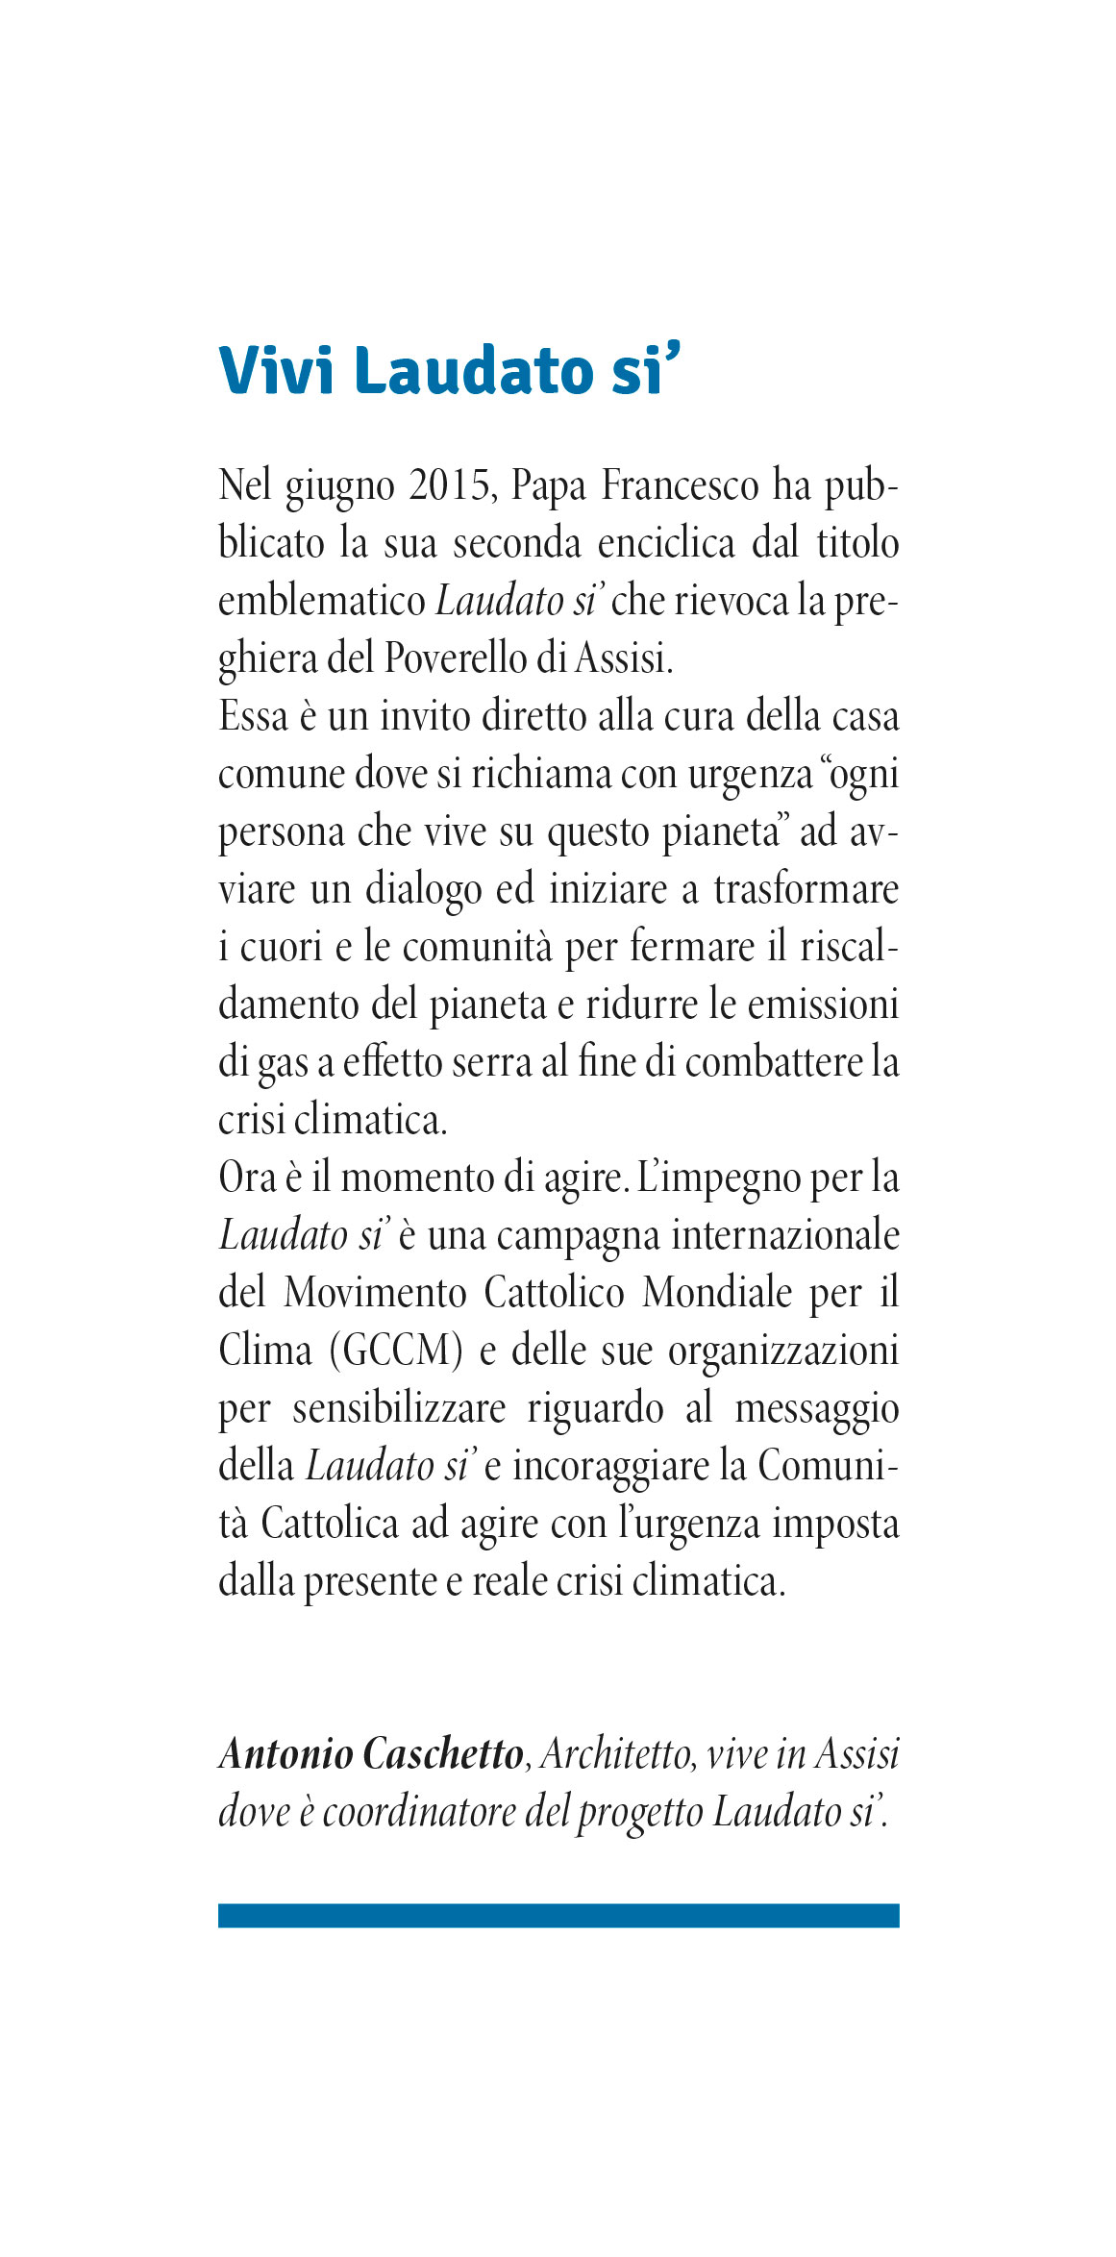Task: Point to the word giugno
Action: tap(339, 487)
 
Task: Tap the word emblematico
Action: tap(321, 601)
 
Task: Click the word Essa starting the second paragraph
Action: tap(253, 716)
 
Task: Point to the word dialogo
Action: tap(423, 890)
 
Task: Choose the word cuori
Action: tap(281, 947)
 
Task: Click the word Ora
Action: tap(247, 1178)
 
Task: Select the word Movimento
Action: tap(374, 1293)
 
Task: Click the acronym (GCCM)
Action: tap(396, 1351)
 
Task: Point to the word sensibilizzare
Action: tap(399, 1408)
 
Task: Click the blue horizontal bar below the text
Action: tap(558, 1915)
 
